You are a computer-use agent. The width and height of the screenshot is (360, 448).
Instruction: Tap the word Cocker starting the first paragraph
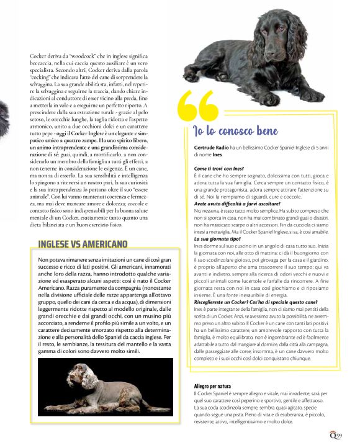38,56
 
